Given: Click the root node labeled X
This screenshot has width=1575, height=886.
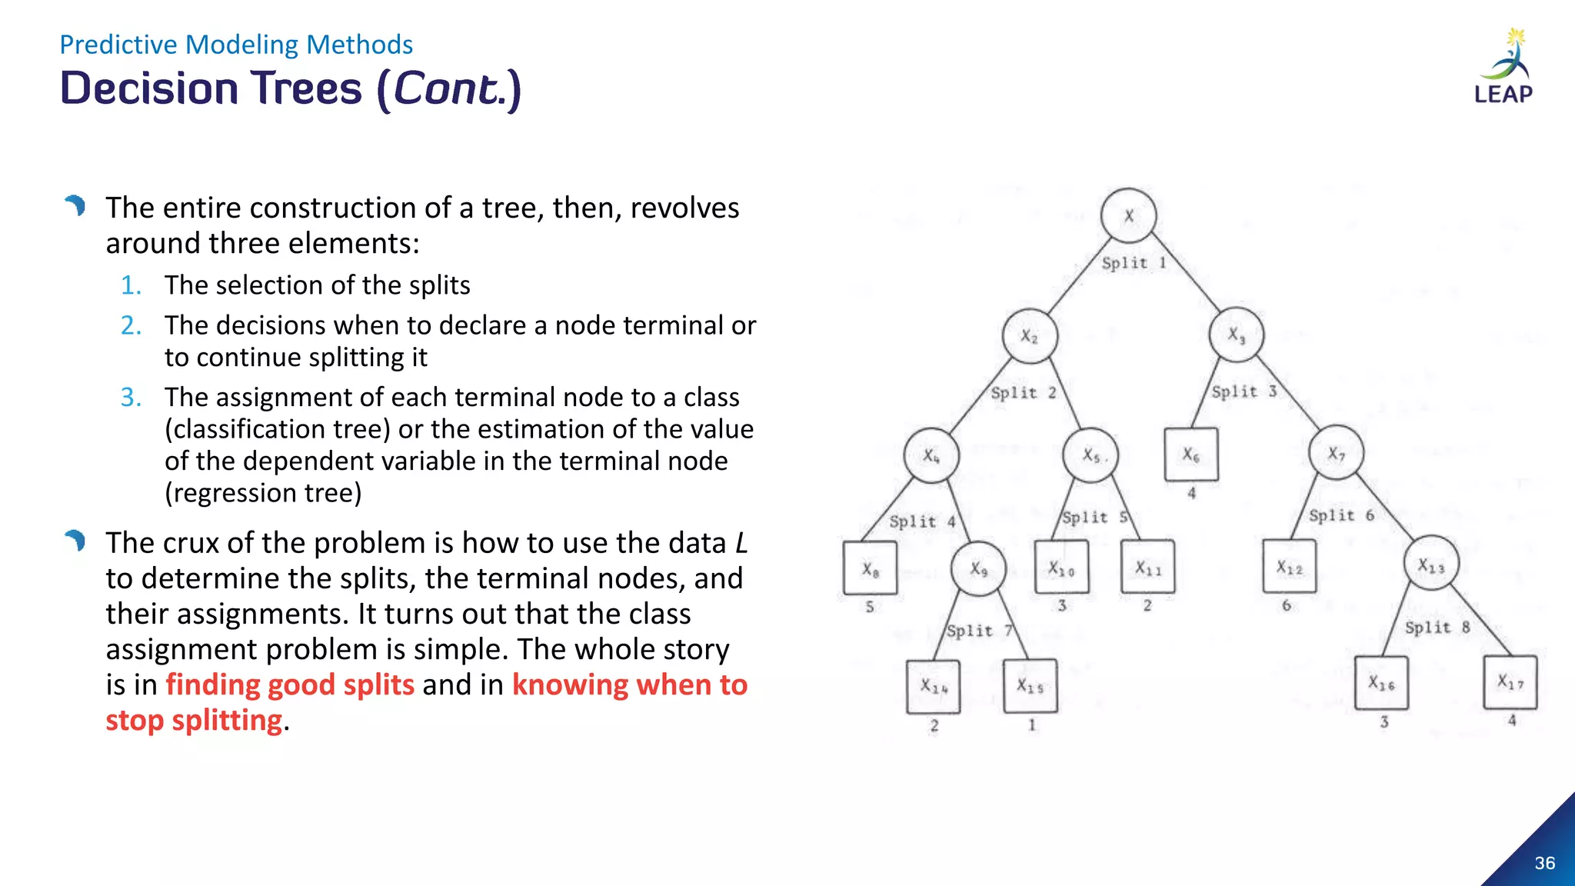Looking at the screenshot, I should pos(1128,216).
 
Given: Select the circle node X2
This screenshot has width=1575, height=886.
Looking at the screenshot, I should pos(1030,336).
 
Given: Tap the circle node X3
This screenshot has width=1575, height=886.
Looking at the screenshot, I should pos(1236,335).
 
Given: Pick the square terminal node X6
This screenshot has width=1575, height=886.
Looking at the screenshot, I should pos(1191,455).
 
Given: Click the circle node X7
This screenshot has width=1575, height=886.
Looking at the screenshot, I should pos(1337,453).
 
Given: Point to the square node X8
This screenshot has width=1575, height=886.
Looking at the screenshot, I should pos(870,568).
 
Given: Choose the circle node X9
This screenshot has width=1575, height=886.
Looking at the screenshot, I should pos(978,569).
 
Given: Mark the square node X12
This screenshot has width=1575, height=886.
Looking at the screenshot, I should pos(1290,567).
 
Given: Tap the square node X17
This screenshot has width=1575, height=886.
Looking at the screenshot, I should pos(1510,681).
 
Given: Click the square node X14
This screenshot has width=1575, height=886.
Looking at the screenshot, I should pos(934,686).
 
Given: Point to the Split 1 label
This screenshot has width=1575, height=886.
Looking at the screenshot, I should pos(1134,263).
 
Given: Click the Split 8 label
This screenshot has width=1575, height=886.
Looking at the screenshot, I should pos(1437,628).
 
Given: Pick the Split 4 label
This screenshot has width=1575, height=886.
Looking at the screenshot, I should pos(921,521).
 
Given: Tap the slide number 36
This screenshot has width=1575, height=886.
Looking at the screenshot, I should pos(1545,863).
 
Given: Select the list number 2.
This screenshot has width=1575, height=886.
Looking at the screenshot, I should pos(131,325).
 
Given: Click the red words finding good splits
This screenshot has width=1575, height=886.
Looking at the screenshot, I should pos(290,684).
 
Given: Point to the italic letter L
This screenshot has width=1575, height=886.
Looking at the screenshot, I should pos(741,543).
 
